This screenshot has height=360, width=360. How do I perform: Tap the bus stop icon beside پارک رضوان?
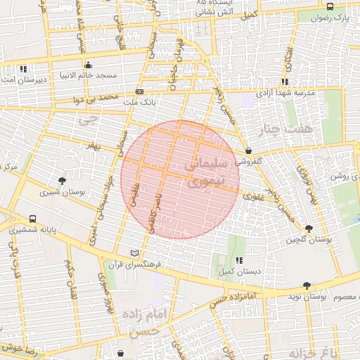pos(330,6)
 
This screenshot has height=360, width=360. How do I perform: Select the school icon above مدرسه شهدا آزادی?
pos(285,81)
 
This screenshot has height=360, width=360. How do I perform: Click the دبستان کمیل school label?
pos(247,270)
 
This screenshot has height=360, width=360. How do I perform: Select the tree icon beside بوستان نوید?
pos(306,285)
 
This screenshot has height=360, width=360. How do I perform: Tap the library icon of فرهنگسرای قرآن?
pos(135,253)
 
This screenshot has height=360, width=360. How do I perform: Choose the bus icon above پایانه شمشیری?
pos(33,219)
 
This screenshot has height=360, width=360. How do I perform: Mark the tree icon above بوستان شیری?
pos(63,181)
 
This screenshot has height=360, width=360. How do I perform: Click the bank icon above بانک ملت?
pos(139,91)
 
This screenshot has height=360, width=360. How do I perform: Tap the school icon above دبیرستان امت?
pos(25,69)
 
